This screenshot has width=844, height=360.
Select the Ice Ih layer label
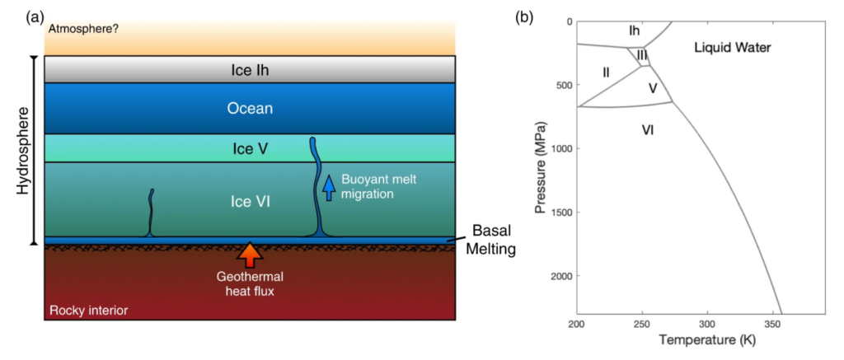click(250, 70)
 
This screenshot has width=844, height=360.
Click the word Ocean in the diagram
click(250, 109)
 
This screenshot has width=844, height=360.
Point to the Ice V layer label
click(250, 149)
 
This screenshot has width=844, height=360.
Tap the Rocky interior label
click(89, 311)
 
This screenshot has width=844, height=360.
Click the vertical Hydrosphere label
click(23, 150)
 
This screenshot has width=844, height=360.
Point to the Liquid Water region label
click(732, 48)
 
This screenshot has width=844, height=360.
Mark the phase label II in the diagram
click(606, 72)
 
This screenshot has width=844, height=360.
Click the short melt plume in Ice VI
click(151, 213)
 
